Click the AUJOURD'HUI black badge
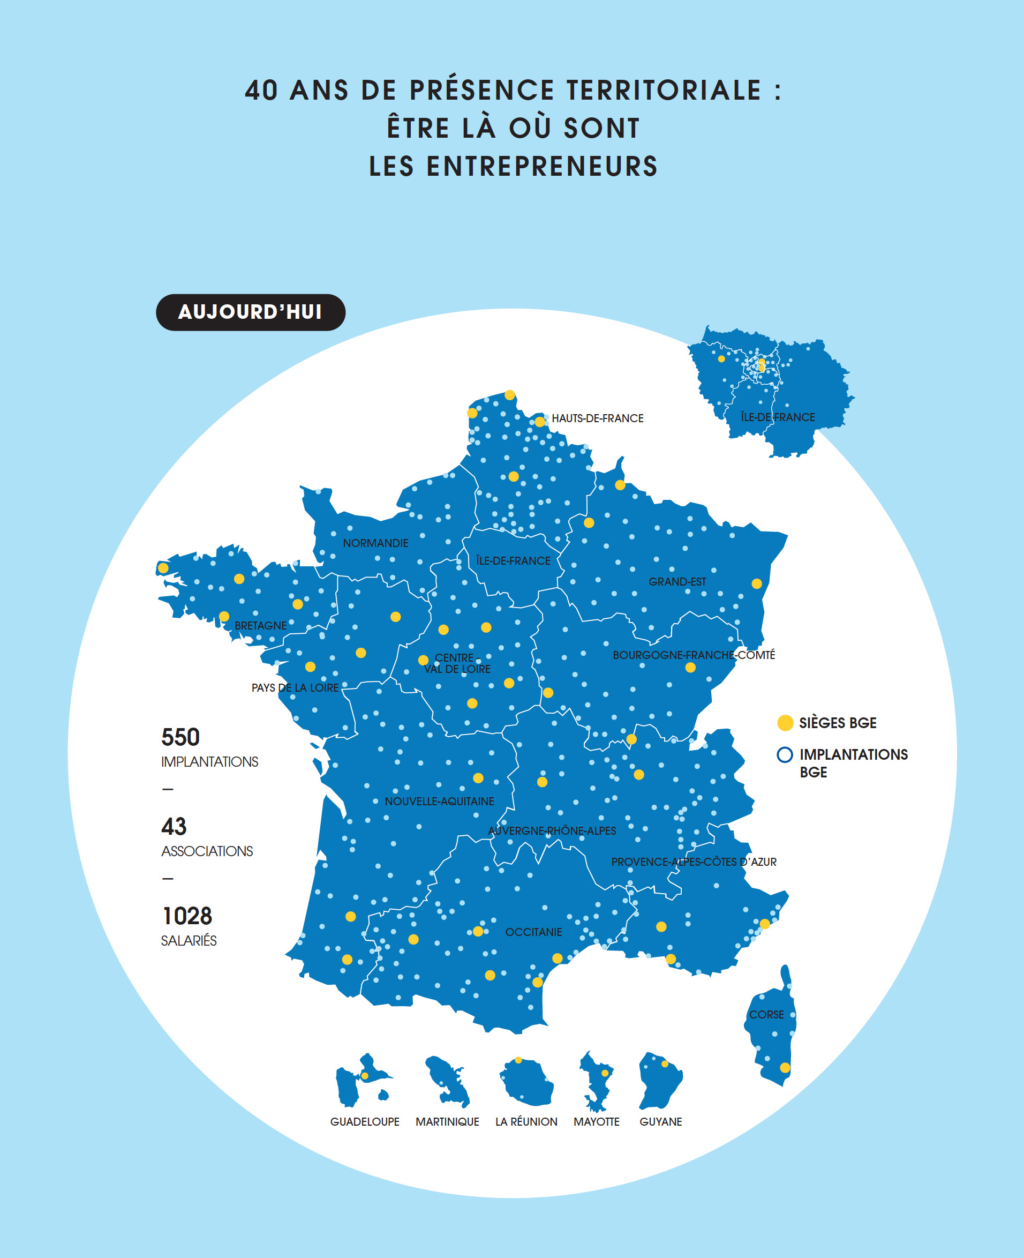pyautogui.click(x=250, y=312)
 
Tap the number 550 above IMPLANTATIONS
pyautogui.click(x=180, y=738)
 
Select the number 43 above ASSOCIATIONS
pyautogui.click(x=174, y=827)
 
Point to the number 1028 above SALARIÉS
pyautogui.click(x=187, y=916)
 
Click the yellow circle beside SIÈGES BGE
pyautogui.click(x=785, y=723)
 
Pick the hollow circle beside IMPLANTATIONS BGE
pyautogui.click(x=785, y=755)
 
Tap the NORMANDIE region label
pyautogui.click(x=376, y=543)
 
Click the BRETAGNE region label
pyautogui.click(x=261, y=625)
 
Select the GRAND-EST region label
pyautogui.click(x=677, y=582)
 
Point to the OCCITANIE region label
pyautogui.click(x=534, y=932)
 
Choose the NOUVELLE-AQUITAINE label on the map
pyautogui.click(x=440, y=802)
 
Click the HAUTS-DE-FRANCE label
pyautogui.click(x=598, y=418)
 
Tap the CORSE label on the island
pyautogui.click(x=766, y=1014)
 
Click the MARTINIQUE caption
pyautogui.click(x=447, y=1122)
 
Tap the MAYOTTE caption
pyautogui.click(x=596, y=1122)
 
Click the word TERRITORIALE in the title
pyautogui.click(x=664, y=91)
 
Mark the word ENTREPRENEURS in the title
pyautogui.click(x=542, y=167)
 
